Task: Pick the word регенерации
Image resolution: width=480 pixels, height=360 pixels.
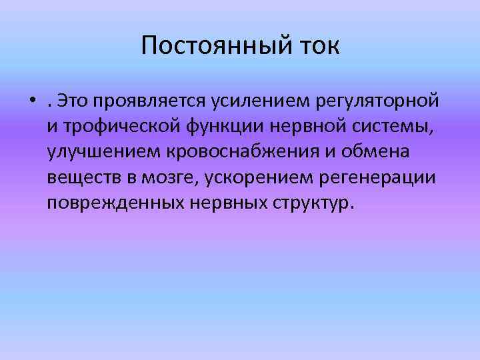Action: [386, 177]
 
